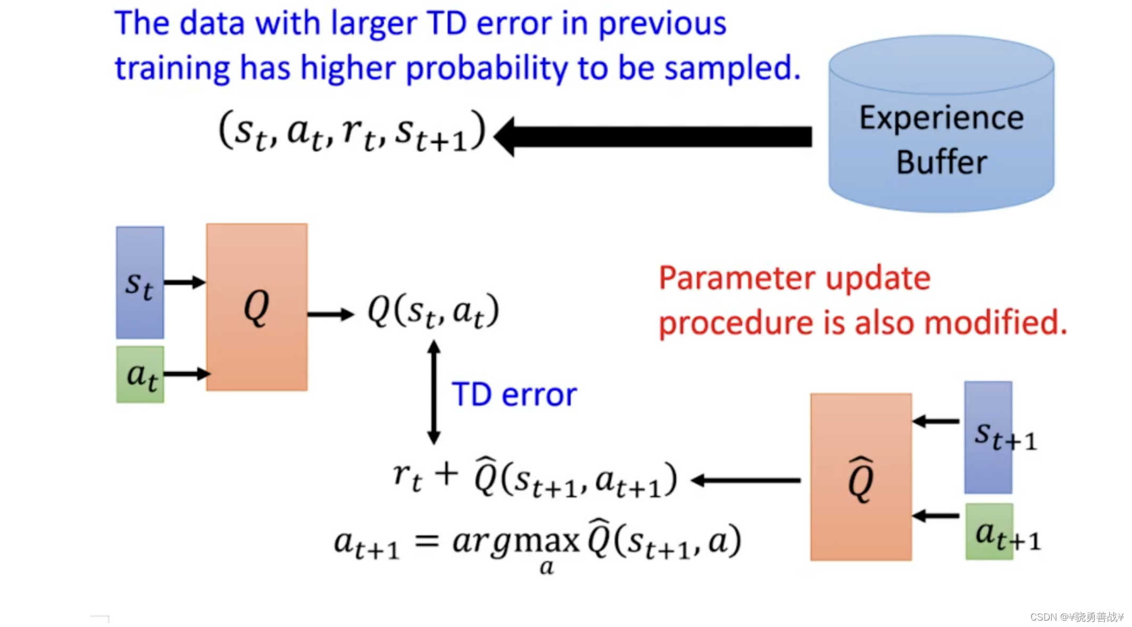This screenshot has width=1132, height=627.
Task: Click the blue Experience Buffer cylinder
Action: pyautogui.click(x=941, y=128)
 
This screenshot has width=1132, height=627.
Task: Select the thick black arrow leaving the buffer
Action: pyautogui.click(x=654, y=136)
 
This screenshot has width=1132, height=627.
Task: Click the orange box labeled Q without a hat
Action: pyautogui.click(x=256, y=307)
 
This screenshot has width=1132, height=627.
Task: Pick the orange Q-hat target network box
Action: pyautogui.click(x=861, y=477)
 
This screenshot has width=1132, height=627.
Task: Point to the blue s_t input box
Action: pyautogui.click(x=140, y=283)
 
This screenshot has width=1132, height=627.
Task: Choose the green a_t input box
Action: pyautogui.click(x=140, y=375)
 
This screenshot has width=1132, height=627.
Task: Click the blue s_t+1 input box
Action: pyautogui.click(x=988, y=437)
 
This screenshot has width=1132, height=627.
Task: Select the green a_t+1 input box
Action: pyautogui.click(x=989, y=531)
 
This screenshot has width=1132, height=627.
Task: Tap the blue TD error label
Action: pyautogui.click(x=514, y=394)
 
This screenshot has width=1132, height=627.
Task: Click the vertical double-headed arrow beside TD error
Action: pyautogui.click(x=434, y=392)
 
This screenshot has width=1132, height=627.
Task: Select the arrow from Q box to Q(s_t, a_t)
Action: pyautogui.click(x=330, y=314)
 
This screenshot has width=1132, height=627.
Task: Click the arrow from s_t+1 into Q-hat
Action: pyautogui.click(x=936, y=422)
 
